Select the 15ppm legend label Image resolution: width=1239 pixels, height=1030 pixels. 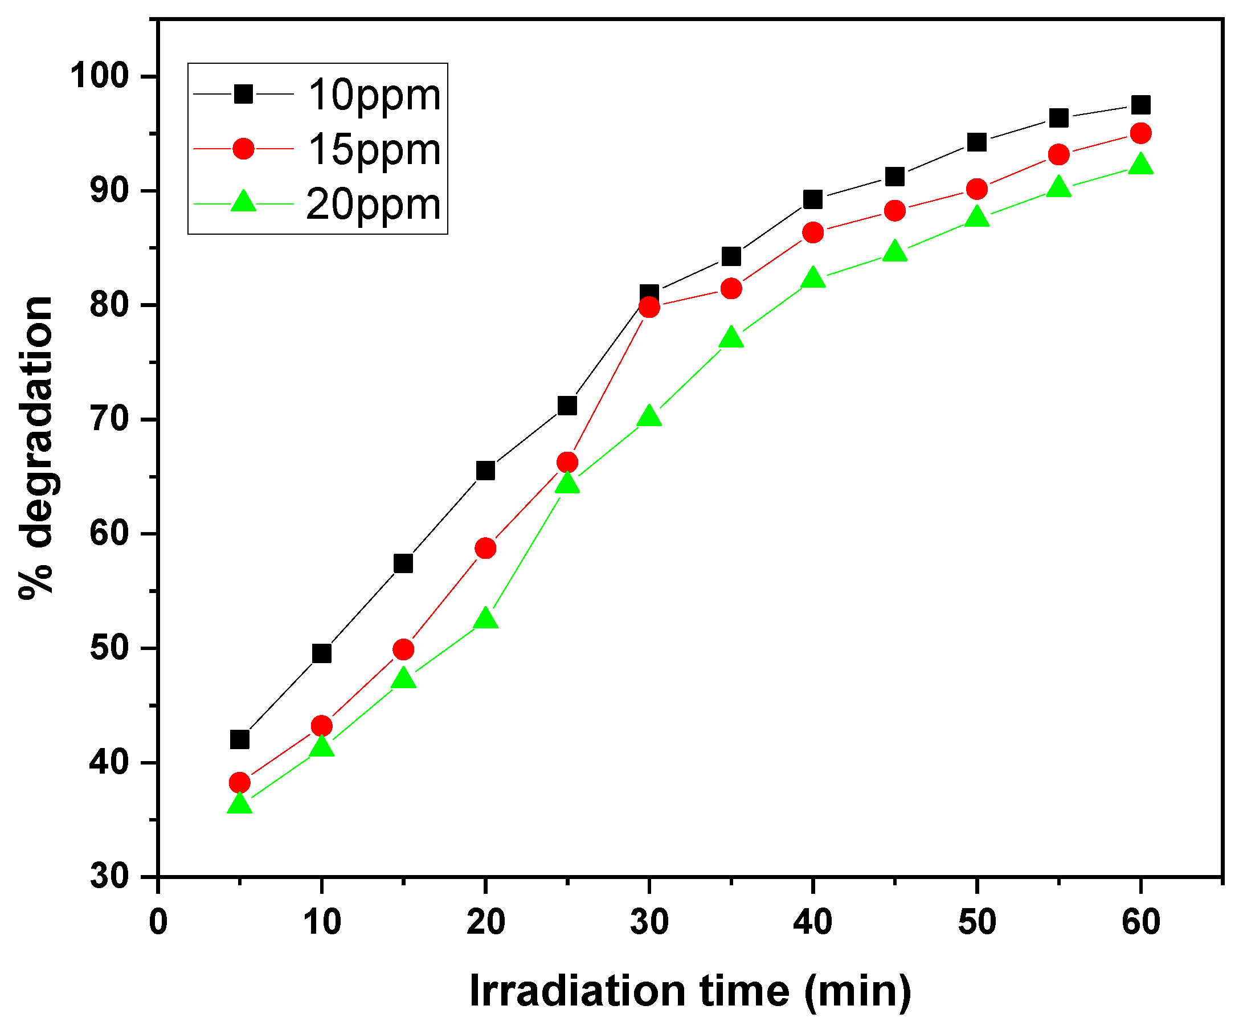(374, 149)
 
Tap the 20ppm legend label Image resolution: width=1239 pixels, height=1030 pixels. (373, 204)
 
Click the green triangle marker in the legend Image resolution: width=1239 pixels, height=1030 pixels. (243, 202)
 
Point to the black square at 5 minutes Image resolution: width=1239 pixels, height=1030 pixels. (239, 739)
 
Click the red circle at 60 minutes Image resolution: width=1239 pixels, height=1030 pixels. (1140, 133)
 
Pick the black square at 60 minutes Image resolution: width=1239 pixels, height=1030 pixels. (1140, 105)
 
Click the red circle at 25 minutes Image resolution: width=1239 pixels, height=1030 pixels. (567, 462)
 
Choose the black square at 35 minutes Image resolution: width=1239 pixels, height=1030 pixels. (731, 256)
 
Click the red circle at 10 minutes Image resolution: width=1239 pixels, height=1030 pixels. (321, 726)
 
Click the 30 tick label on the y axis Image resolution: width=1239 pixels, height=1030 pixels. (109, 876)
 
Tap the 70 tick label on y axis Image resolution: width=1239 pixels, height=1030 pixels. (109, 419)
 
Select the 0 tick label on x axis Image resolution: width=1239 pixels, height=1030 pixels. (158, 922)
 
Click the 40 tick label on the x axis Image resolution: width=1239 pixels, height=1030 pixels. (813, 922)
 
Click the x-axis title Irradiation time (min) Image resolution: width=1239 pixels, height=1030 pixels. (690, 991)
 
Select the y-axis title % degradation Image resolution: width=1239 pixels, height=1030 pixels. (36, 448)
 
